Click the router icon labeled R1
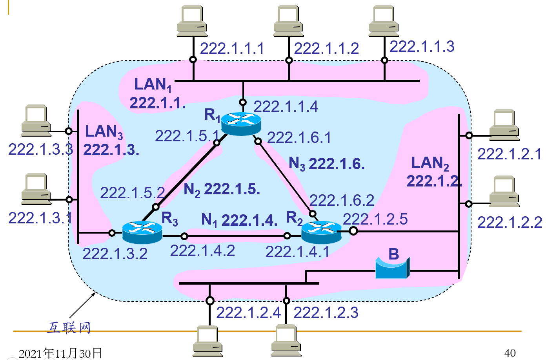tap(241, 123)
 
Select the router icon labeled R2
tap(321, 232)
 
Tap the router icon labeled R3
tap(142, 232)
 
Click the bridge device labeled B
tap(392, 268)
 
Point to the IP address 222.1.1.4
tap(286, 106)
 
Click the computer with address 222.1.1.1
tap(192, 21)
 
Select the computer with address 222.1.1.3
tap(384, 21)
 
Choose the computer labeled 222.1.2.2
tap(504, 191)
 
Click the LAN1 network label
tap(153, 84)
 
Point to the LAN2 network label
tap(430, 163)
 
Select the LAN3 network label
tap(104, 132)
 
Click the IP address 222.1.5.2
tap(132, 193)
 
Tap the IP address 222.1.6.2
tap(342, 200)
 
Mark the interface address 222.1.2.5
tap(375, 219)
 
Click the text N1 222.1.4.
tap(239, 220)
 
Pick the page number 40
tap(510, 353)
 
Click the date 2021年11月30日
tap(60, 353)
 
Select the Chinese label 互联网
tap(69, 327)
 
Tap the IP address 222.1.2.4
tap(248, 312)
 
